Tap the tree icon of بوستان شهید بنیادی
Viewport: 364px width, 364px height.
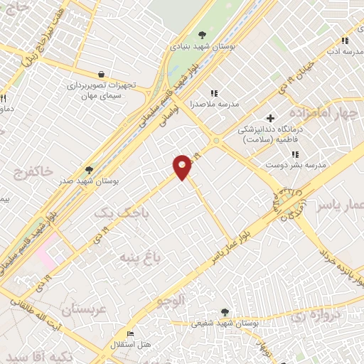pos(202,34)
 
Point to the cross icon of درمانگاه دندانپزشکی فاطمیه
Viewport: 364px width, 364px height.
pos(269,117)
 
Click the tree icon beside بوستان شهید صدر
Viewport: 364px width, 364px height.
pos(88,170)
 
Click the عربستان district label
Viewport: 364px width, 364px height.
pos(84,311)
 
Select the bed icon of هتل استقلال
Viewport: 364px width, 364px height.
pos(129,333)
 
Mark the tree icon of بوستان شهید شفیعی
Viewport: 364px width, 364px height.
pos(225,311)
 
